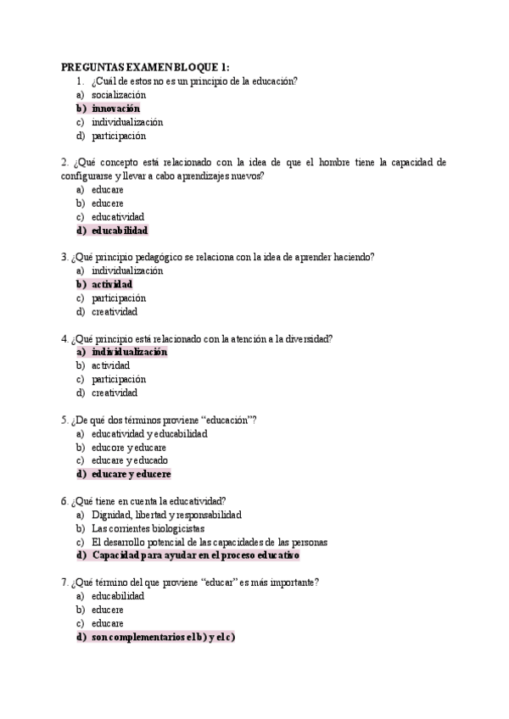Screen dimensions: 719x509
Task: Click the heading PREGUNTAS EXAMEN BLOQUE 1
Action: click(x=145, y=68)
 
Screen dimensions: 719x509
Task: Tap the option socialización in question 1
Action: click(x=125, y=95)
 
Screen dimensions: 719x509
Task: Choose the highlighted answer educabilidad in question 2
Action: click(x=119, y=231)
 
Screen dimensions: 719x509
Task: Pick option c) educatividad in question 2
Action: click(x=118, y=217)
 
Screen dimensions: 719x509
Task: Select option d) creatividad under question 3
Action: click(x=115, y=312)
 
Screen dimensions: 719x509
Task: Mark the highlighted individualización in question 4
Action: click(x=129, y=352)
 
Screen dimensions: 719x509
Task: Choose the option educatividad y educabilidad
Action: click(x=149, y=433)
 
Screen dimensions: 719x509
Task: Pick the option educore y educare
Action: click(x=129, y=447)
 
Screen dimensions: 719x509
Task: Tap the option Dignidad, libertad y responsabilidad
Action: click(x=166, y=515)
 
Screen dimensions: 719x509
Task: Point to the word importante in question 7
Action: click(x=289, y=582)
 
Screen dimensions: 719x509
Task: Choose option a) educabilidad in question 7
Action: click(x=118, y=596)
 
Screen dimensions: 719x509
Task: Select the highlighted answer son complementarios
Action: click(x=162, y=637)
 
